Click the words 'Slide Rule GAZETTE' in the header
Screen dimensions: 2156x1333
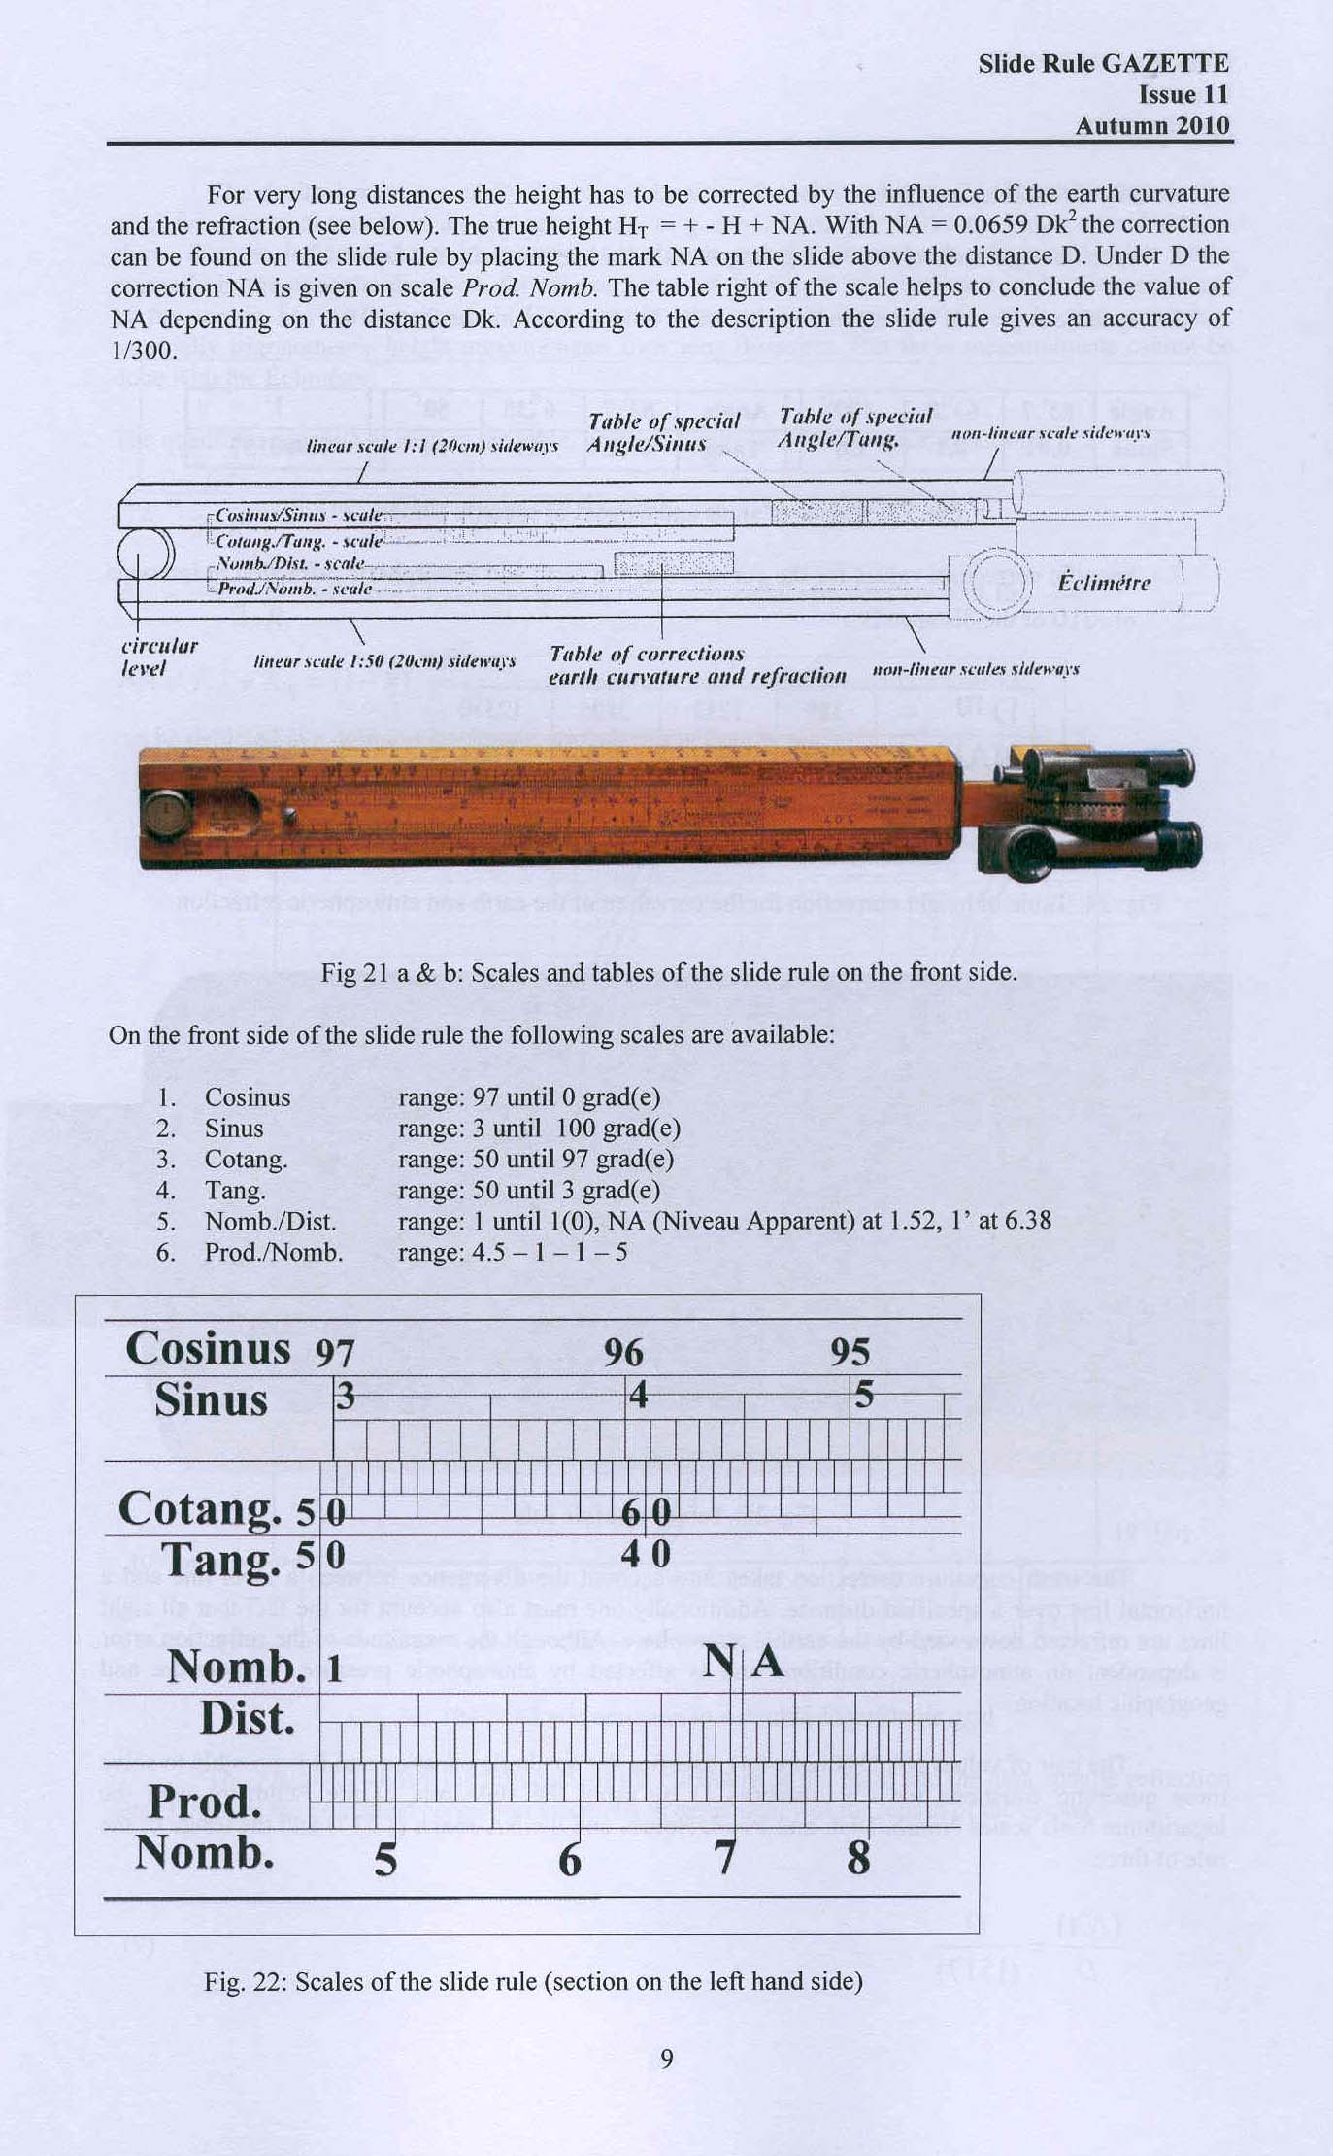pyautogui.click(x=1103, y=64)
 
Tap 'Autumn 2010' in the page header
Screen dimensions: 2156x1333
pyautogui.click(x=1151, y=126)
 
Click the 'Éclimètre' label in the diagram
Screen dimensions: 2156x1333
pyautogui.click(x=1103, y=583)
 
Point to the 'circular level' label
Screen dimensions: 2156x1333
pyautogui.click(x=158, y=657)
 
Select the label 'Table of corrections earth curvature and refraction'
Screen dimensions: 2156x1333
pyautogui.click(x=696, y=665)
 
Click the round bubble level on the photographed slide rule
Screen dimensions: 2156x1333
pyautogui.click(x=165, y=813)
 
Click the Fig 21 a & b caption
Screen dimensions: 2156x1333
pyautogui.click(x=668, y=972)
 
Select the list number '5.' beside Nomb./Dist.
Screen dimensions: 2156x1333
pyautogui.click(x=166, y=1222)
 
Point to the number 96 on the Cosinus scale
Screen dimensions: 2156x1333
pyautogui.click(x=623, y=1352)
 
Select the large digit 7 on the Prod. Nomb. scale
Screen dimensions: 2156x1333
pyautogui.click(x=724, y=1857)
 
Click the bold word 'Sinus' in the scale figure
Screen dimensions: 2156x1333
pyautogui.click(x=211, y=1400)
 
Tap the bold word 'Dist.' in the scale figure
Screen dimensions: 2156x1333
pyautogui.click(x=248, y=1717)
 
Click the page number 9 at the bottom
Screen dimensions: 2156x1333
pyautogui.click(x=666, y=2058)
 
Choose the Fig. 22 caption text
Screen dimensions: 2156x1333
pyautogui.click(x=533, y=1981)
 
